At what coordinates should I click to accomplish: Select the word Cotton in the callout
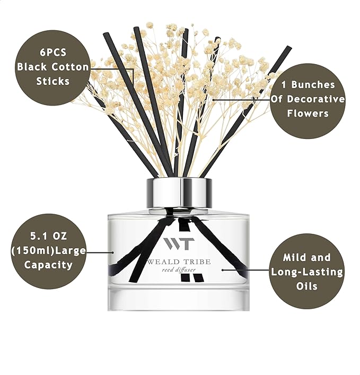(x=65, y=67)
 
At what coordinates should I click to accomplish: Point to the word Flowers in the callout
(x=308, y=114)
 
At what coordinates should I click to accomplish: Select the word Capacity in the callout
(x=48, y=265)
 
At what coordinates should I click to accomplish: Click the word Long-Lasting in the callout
(x=307, y=272)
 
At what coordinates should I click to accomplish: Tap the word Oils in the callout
(x=308, y=286)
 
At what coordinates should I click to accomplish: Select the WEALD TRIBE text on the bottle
(x=179, y=262)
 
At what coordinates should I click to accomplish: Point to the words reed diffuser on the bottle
(x=179, y=271)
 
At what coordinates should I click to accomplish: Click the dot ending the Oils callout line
(x=223, y=269)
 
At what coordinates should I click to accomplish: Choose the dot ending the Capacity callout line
(x=113, y=252)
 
